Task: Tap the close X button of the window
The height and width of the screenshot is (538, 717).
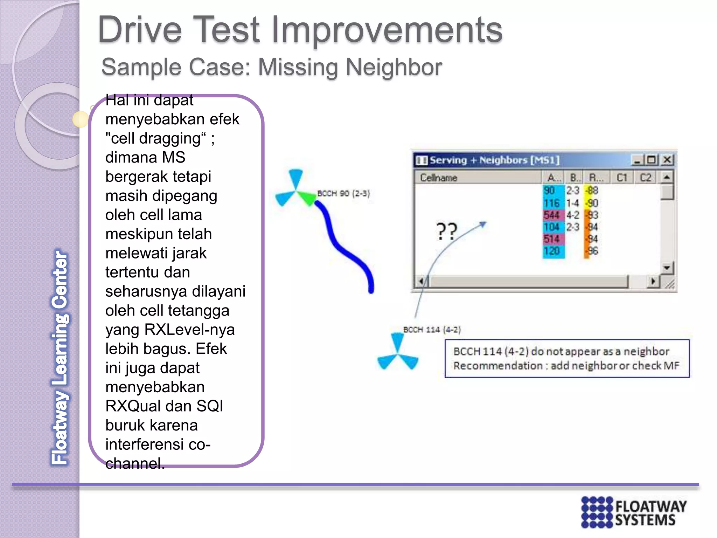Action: pyautogui.click(x=667, y=160)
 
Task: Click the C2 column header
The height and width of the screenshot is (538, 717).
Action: pyautogui.click(x=645, y=178)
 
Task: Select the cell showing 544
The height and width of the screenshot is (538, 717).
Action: pyautogui.click(x=551, y=215)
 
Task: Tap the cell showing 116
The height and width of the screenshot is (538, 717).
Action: pyautogui.click(x=552, y=203)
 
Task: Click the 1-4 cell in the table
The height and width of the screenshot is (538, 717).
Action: pyautogui.click(x=573, y=203)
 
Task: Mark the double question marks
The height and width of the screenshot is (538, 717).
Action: pyautogui.click(x=447, y=231)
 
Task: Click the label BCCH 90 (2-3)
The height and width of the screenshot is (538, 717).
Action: pyautogui.click(x=343, y=194)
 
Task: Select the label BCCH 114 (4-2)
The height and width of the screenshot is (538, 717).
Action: pyautogui.click(x=432, y=330)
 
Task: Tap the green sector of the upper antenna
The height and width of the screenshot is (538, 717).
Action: pyautogui.click(x=307, y=198)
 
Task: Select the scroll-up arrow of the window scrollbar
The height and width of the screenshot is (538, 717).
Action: pyautogui.click(x=667, y=178)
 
